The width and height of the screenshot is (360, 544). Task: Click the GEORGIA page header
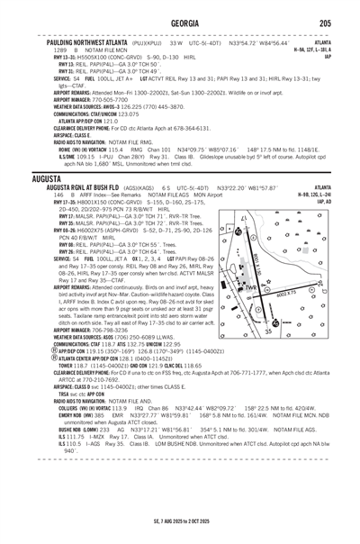coord(179,24)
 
